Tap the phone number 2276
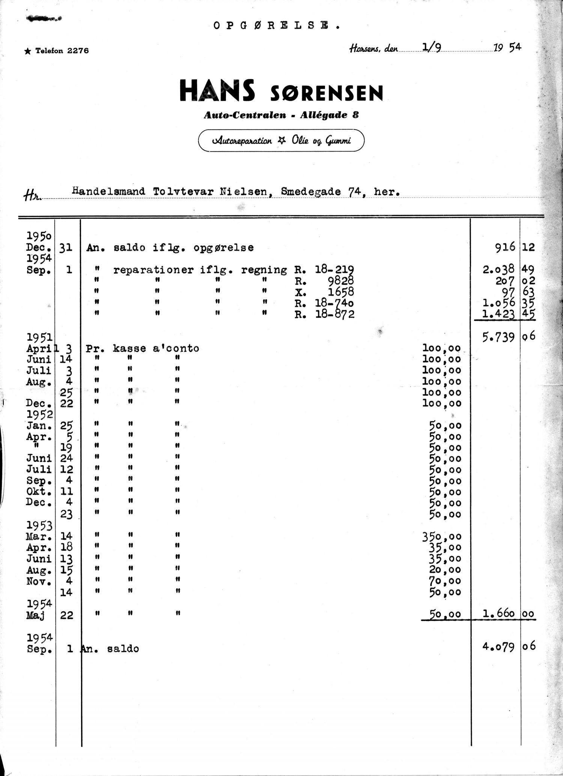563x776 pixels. coord(78,51)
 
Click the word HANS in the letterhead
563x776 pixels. coord(218,91)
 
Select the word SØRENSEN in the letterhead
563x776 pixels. coord(326,93)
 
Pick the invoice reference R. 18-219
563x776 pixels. coord(324,269)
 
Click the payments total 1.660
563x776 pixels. coord(498,615)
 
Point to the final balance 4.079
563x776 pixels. coord(498,647)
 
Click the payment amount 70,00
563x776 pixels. coord(445,581)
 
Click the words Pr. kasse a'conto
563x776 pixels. coord(142,348)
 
